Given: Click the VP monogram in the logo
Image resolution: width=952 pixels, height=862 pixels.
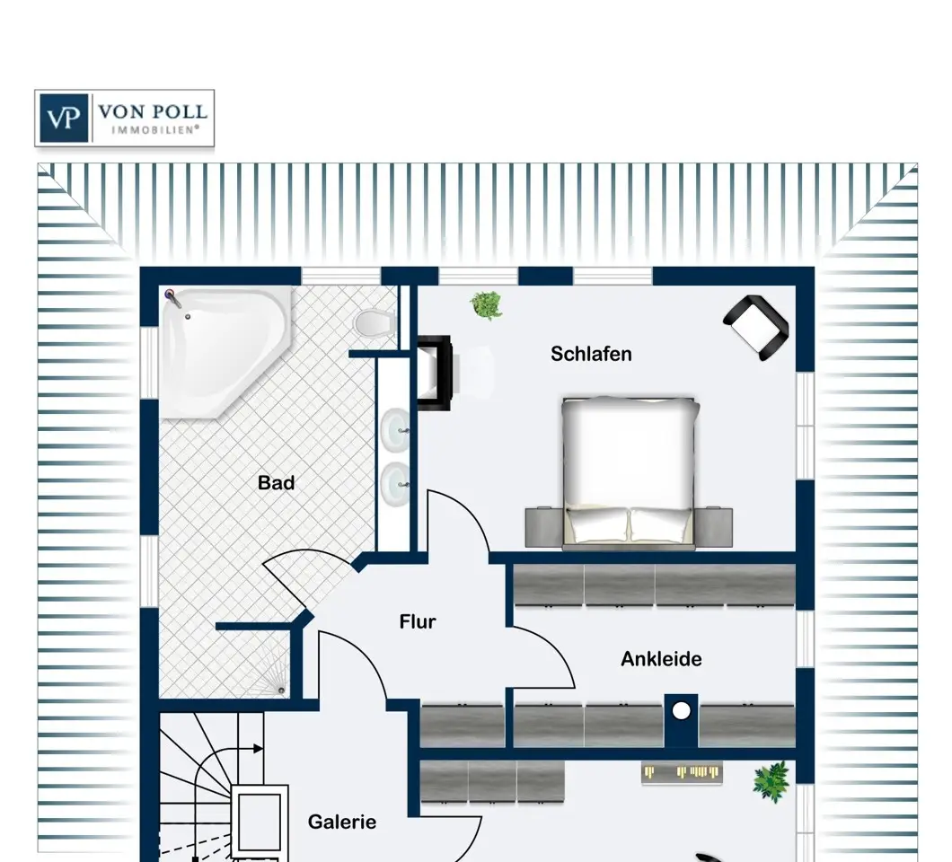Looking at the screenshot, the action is [x=63, y=118].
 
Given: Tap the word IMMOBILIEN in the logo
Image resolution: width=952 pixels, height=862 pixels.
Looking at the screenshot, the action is [x=155, y=129].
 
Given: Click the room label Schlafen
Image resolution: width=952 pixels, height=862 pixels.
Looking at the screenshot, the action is [x=591, y=354].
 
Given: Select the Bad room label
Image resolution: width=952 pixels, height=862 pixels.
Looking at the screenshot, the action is [x=277, y=483].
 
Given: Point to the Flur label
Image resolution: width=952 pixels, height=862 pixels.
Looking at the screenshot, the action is [x=417, y=621].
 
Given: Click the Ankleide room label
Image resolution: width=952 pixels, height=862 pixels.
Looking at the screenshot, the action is [x=661, y=659].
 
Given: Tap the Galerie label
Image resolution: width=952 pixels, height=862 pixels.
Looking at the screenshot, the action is [x=342, y=822].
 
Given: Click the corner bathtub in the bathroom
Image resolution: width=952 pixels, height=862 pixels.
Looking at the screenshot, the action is [x=225, y=352].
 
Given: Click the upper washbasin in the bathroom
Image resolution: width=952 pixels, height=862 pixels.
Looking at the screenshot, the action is [x=394, y=430].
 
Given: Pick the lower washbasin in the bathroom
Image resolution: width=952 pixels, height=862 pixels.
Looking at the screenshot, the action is [x=394, y=484].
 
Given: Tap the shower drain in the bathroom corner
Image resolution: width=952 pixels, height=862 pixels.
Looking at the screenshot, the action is [x=280, y=690].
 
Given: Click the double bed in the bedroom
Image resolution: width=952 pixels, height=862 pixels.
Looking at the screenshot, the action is [x=629, y=472].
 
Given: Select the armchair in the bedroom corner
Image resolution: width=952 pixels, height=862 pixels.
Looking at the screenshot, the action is [x=756, y=327].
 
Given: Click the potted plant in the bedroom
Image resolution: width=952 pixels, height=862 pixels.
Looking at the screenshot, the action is [x=486, y=305].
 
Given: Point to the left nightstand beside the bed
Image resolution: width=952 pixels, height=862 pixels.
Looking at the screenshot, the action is [x=544, y=527].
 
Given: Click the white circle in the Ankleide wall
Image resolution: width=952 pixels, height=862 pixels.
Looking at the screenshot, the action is [x=681, y=711].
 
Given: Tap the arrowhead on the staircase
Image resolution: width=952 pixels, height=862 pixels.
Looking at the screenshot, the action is [x=258, y=749].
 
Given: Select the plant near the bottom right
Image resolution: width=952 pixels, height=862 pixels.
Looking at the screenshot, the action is [x=771, y=782].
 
